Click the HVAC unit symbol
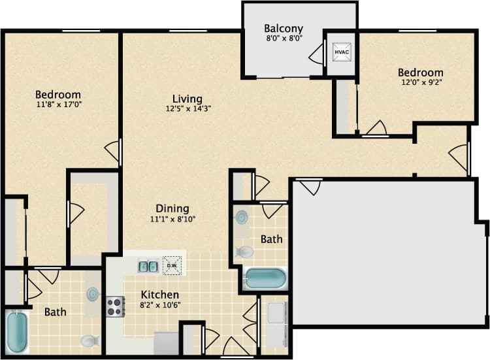click(x=341, y=51)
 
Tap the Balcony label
click(x=283, y=28)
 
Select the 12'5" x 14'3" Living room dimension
click(x=188, y=109)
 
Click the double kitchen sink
click(x=148, y=266)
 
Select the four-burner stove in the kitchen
click(x=116, y=306)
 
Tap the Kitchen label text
click(x=160, y=295)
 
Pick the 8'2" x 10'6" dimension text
click(x=160, y=305)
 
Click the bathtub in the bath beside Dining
click(x=265, y=278)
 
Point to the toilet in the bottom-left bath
click(x=89, y=340)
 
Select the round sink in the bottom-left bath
click(x=93, y=295)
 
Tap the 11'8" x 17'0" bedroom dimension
click(x=58, y=105)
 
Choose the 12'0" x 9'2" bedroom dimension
click(x=421, y=83)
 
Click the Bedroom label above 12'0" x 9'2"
click(x=421, y=73)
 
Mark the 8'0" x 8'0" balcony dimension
click(x=283, y=39)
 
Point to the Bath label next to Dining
click(x=271, y=239)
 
